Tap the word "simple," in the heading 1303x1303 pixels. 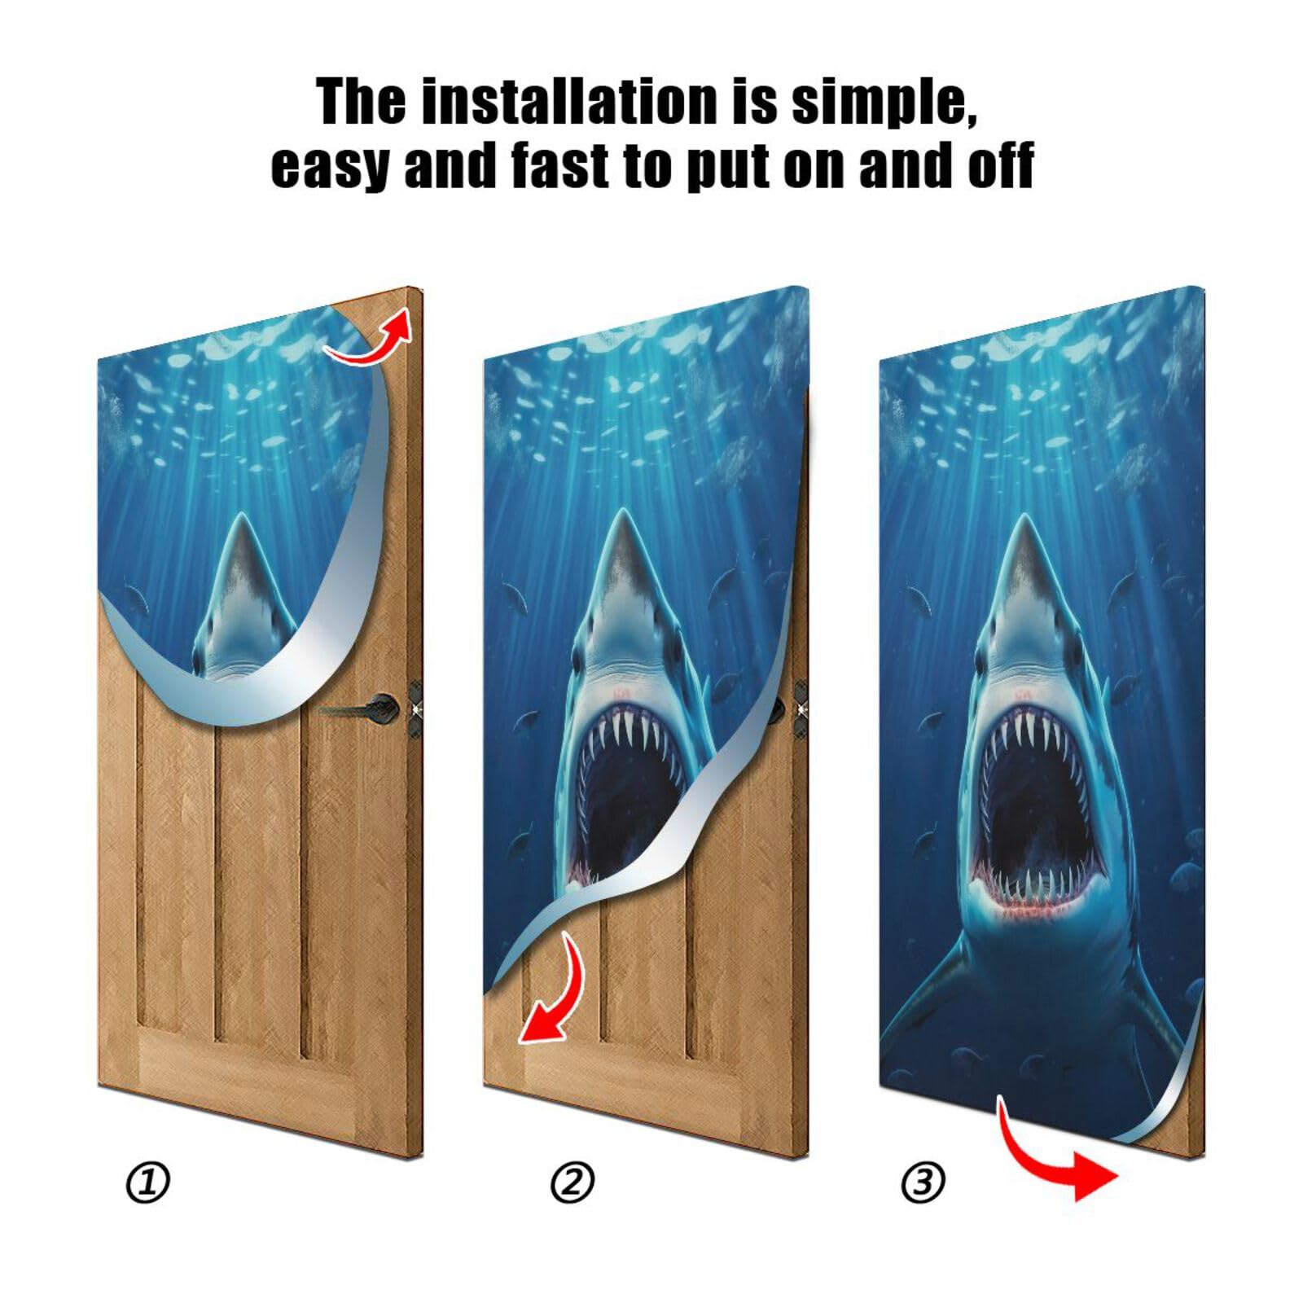click(x=884, y=102)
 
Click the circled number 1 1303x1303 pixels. click(x=147, y=1182)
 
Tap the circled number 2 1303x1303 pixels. click(x=573, y=1182)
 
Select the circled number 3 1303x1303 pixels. click(x=923, y=1182)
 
